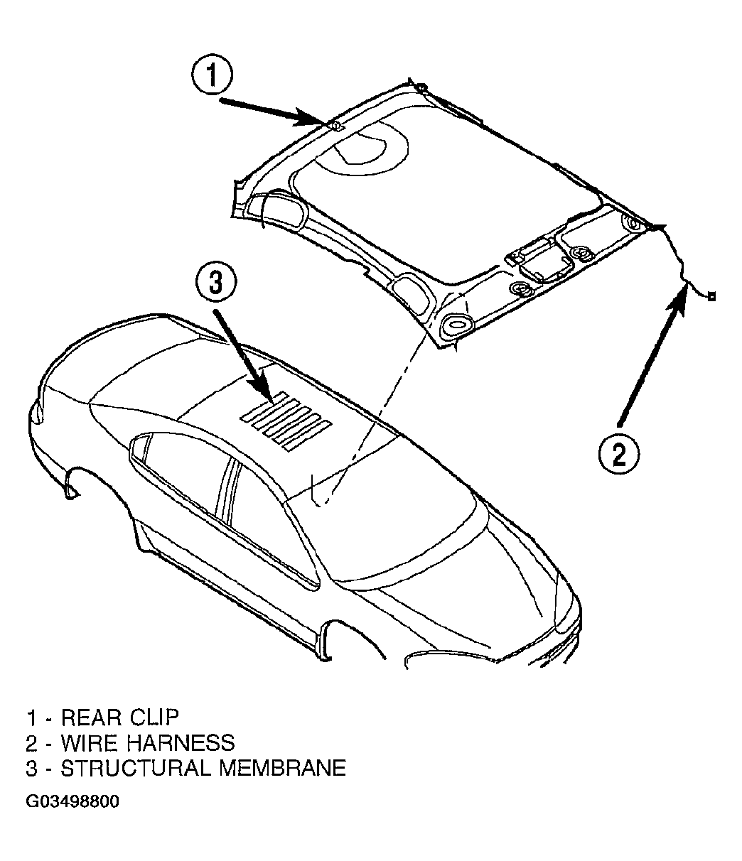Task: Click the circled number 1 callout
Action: click(x=213, y=75)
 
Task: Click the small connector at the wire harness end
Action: click(x=711, y=296)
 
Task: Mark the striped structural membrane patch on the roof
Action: click(x=286, y=421)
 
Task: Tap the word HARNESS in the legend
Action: click(x=181, y=742)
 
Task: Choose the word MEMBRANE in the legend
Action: click(x=283, y=768)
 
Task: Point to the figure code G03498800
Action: click(x=72, y=801)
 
